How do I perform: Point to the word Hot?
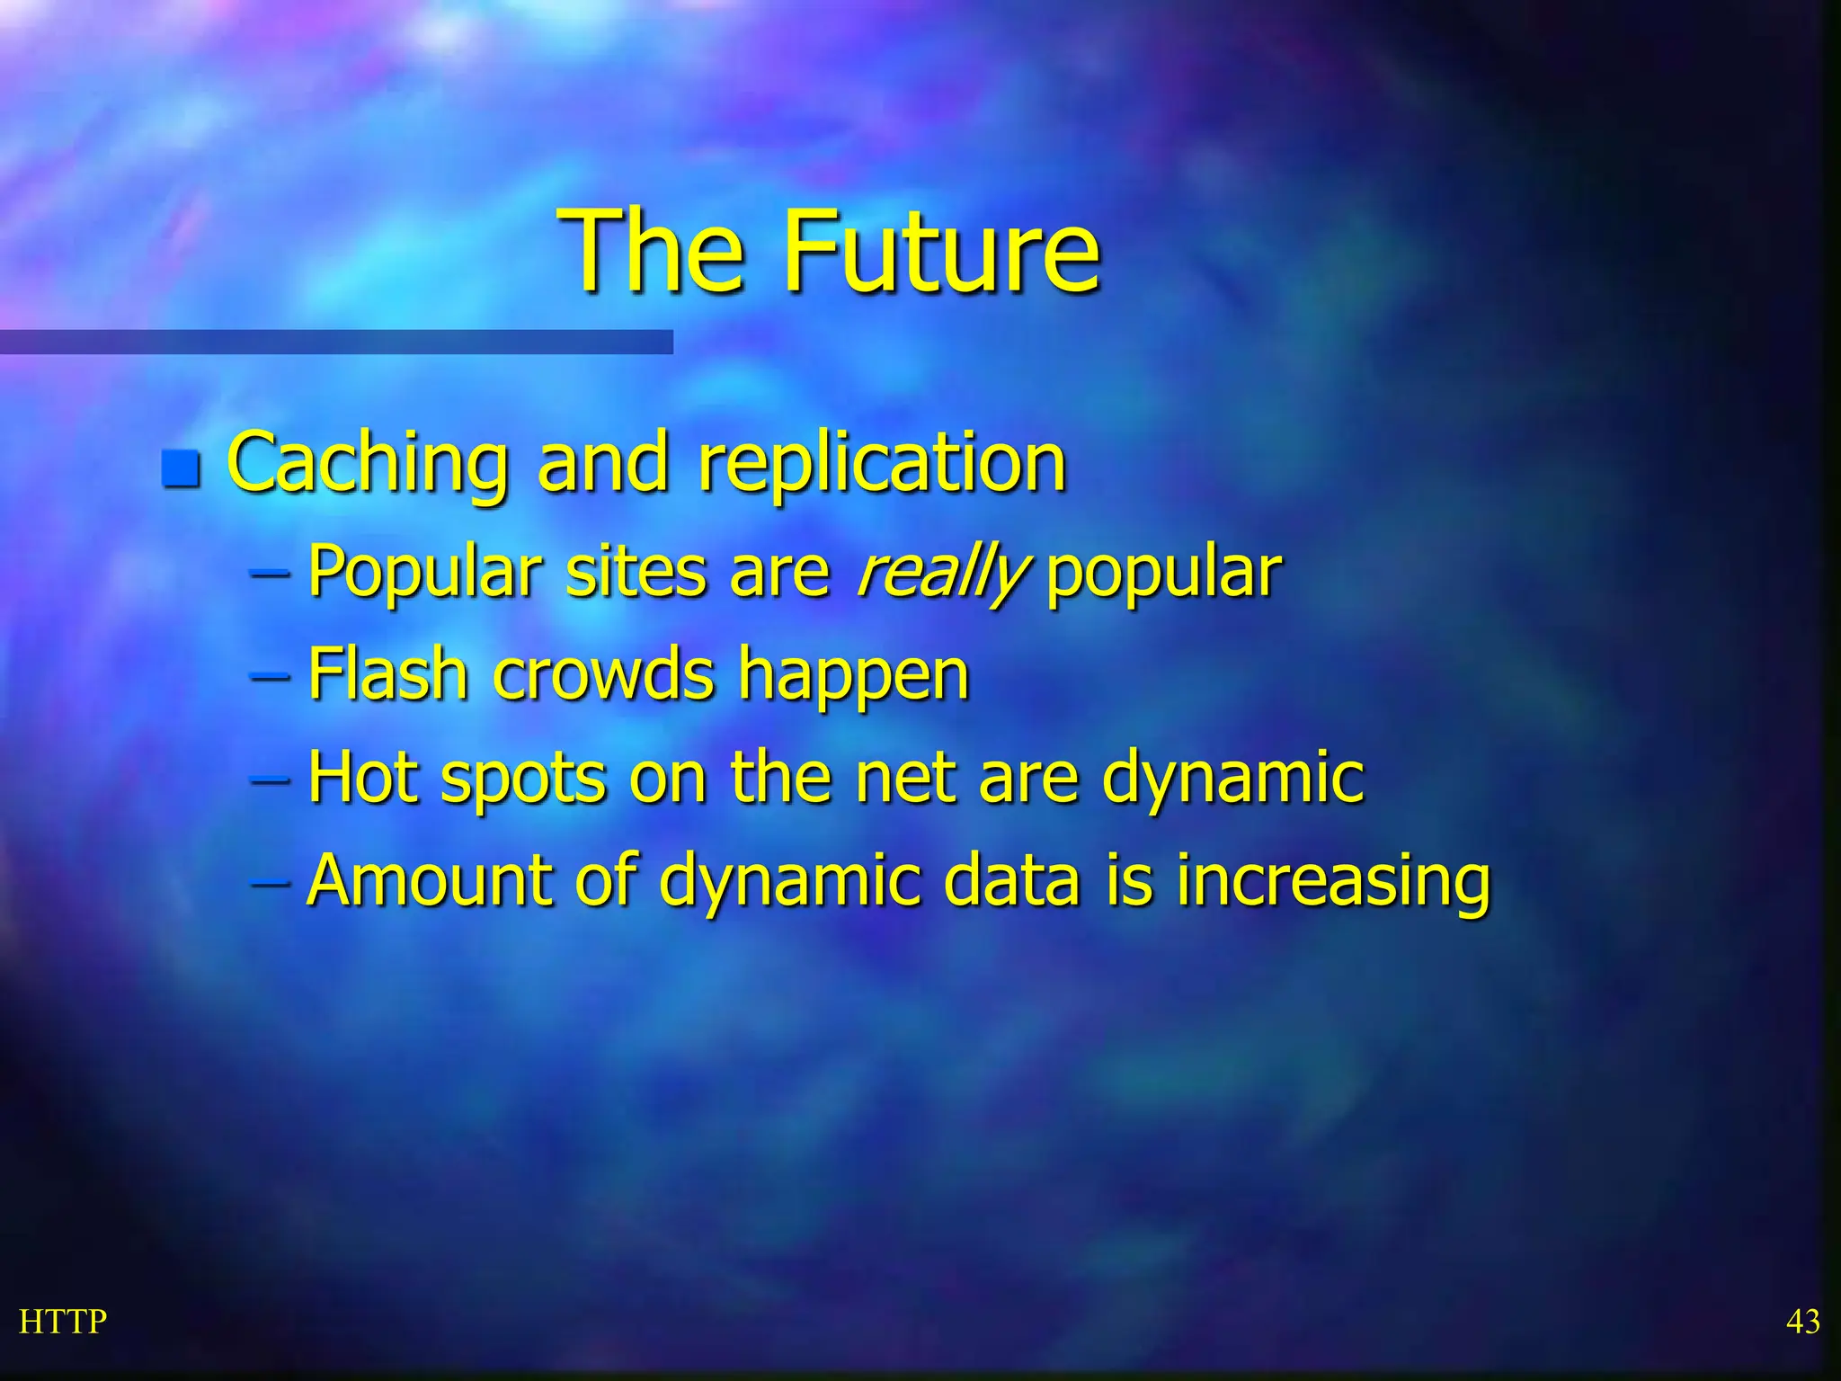pyautogui.click(x=362, y=777)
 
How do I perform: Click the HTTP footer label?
pyautogui.click(x=63, y=1322)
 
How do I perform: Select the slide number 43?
pyautogui.click(x=1802, y=1322)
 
